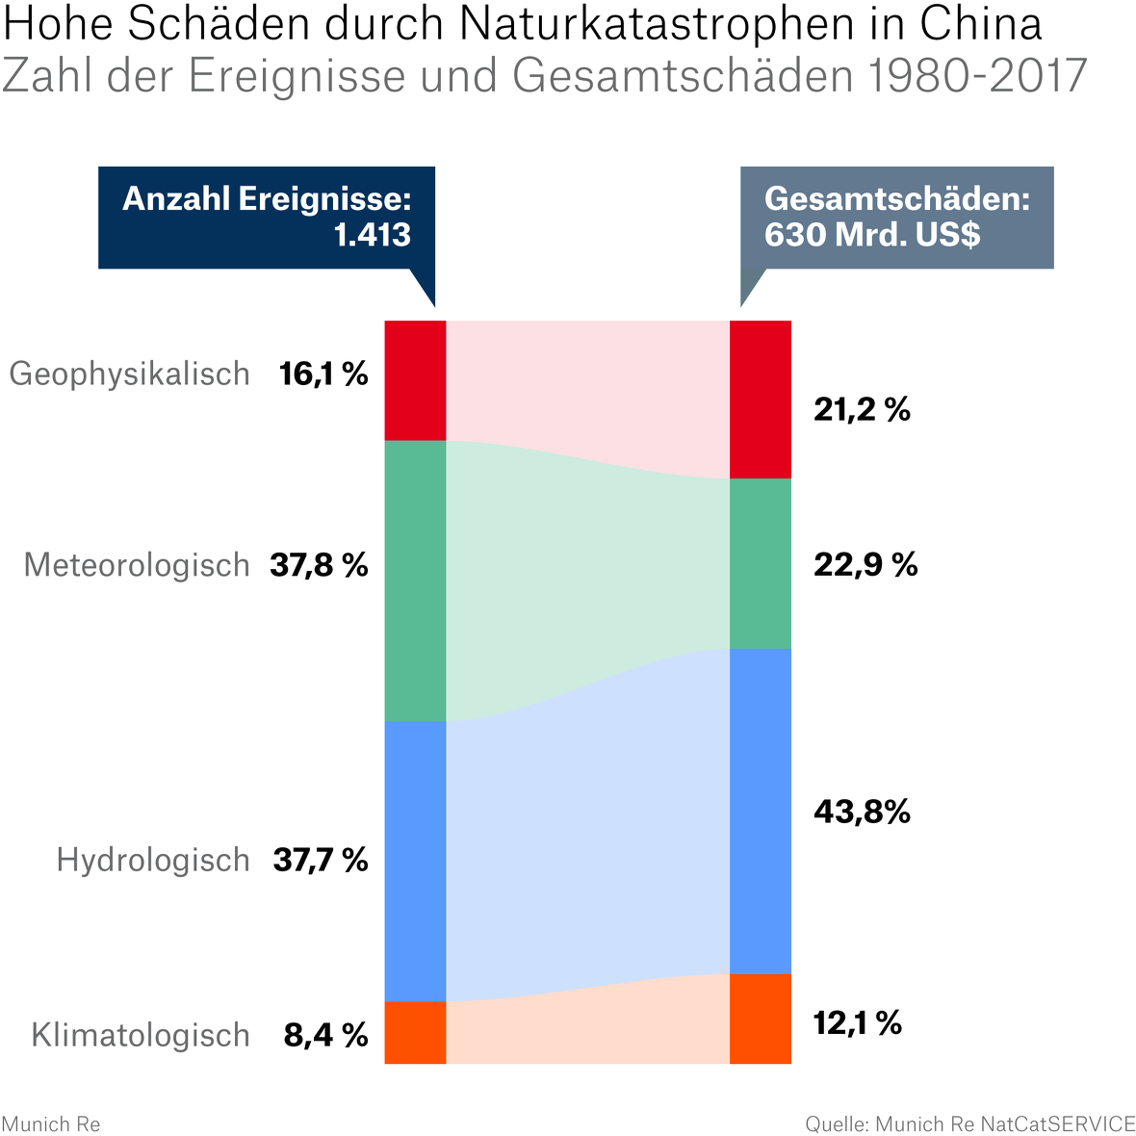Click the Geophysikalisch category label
[129, 374]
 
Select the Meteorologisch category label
[137, 565]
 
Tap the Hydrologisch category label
[153, 860]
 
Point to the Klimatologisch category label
[141, 1036]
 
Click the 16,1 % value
[323, 374]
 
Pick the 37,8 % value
[319, 565]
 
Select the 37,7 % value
[321, 860]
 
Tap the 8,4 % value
[325, 1036]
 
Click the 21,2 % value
[862, 410]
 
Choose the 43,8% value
[862, 813]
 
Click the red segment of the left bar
[415, 380]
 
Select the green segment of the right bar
[761, 563]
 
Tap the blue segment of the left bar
[415, 862]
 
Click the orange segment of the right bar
[761, 1019]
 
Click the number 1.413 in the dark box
[372, 234]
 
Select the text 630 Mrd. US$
[872, 234]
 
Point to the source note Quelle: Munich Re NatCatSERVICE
[969, 1123]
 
